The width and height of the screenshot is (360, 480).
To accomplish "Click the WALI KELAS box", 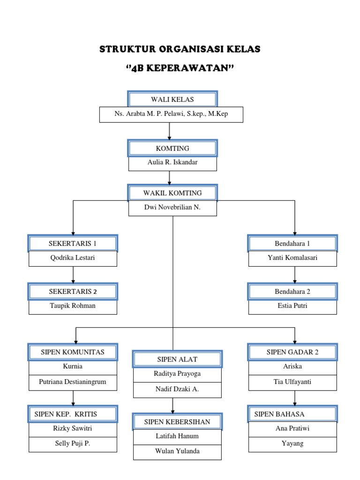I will point(172,99).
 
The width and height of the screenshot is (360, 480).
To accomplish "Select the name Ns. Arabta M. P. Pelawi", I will point(171,114).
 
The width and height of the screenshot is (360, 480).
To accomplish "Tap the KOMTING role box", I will point(172,148).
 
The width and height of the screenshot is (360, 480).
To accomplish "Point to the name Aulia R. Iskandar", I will point(172,163).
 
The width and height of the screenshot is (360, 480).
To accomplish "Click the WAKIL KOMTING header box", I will point(172,193).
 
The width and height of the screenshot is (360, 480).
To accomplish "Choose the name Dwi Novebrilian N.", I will point(172,208).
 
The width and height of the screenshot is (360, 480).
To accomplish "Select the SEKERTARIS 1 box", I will point(73,243).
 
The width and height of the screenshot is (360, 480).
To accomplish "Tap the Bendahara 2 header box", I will point(292,292).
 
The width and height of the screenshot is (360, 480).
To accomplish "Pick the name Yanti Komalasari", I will point(292,258).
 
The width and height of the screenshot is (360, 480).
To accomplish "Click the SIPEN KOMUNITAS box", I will point(73,352).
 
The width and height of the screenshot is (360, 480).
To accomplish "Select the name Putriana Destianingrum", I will point(73,382).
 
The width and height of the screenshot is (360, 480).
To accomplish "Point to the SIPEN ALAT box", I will point(177,359).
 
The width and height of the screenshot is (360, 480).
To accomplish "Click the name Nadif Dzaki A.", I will point(177,389).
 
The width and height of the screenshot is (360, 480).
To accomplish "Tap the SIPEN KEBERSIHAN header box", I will point(177,421).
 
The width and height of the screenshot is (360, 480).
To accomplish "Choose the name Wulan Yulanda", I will point(177,451).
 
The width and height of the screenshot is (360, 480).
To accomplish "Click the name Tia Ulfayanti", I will point(292,382).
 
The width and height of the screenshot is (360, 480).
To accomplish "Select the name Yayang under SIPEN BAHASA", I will point(292,443).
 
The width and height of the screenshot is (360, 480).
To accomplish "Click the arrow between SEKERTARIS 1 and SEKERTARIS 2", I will point(73,275).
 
